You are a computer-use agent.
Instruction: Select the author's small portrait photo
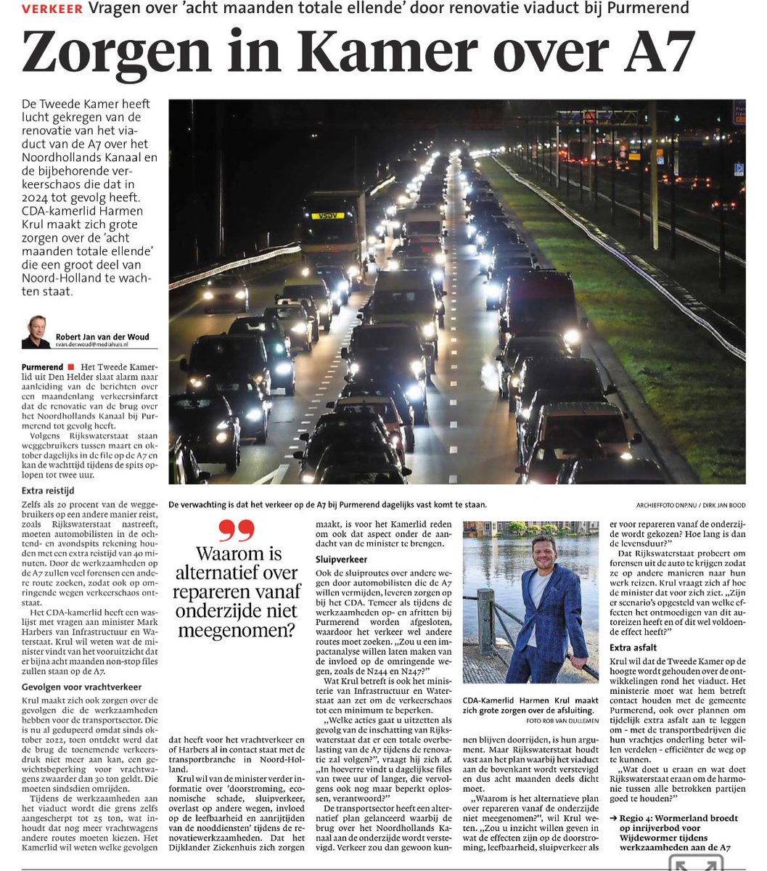[x=36, y=331]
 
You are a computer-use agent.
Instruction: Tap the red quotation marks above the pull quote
[x=236, y=532]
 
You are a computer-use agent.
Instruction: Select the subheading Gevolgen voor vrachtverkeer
[x=82, y=686]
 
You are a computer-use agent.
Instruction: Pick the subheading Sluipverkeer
[x=341, y=560]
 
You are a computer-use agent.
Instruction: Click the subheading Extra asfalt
[x=633, y=647]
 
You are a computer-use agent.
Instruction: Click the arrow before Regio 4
[x=614, y=818]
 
